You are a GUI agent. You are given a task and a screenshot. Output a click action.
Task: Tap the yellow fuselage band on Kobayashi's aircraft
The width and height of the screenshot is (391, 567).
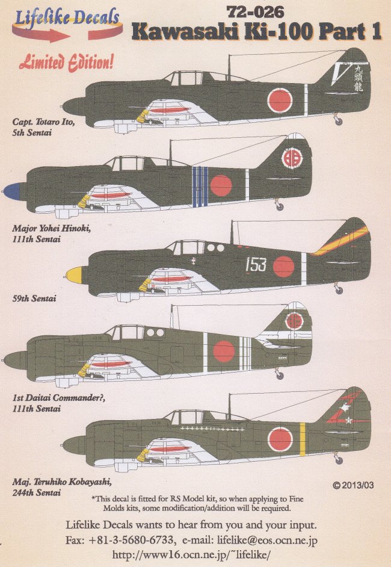click(x=303, y=431)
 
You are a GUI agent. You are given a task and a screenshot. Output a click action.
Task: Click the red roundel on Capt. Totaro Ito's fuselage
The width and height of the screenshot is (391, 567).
click(x=280, y=101)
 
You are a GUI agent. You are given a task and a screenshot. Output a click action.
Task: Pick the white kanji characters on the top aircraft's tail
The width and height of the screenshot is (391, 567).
click(x=360, y=79)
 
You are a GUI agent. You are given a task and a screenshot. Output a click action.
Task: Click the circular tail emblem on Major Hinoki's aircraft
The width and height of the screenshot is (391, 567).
click(x=293, y=160)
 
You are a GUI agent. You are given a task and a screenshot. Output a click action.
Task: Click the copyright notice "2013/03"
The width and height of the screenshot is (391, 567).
click(x=356, y=485)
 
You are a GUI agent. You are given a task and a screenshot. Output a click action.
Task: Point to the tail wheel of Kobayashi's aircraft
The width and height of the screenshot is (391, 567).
click(x=337, y=460)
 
